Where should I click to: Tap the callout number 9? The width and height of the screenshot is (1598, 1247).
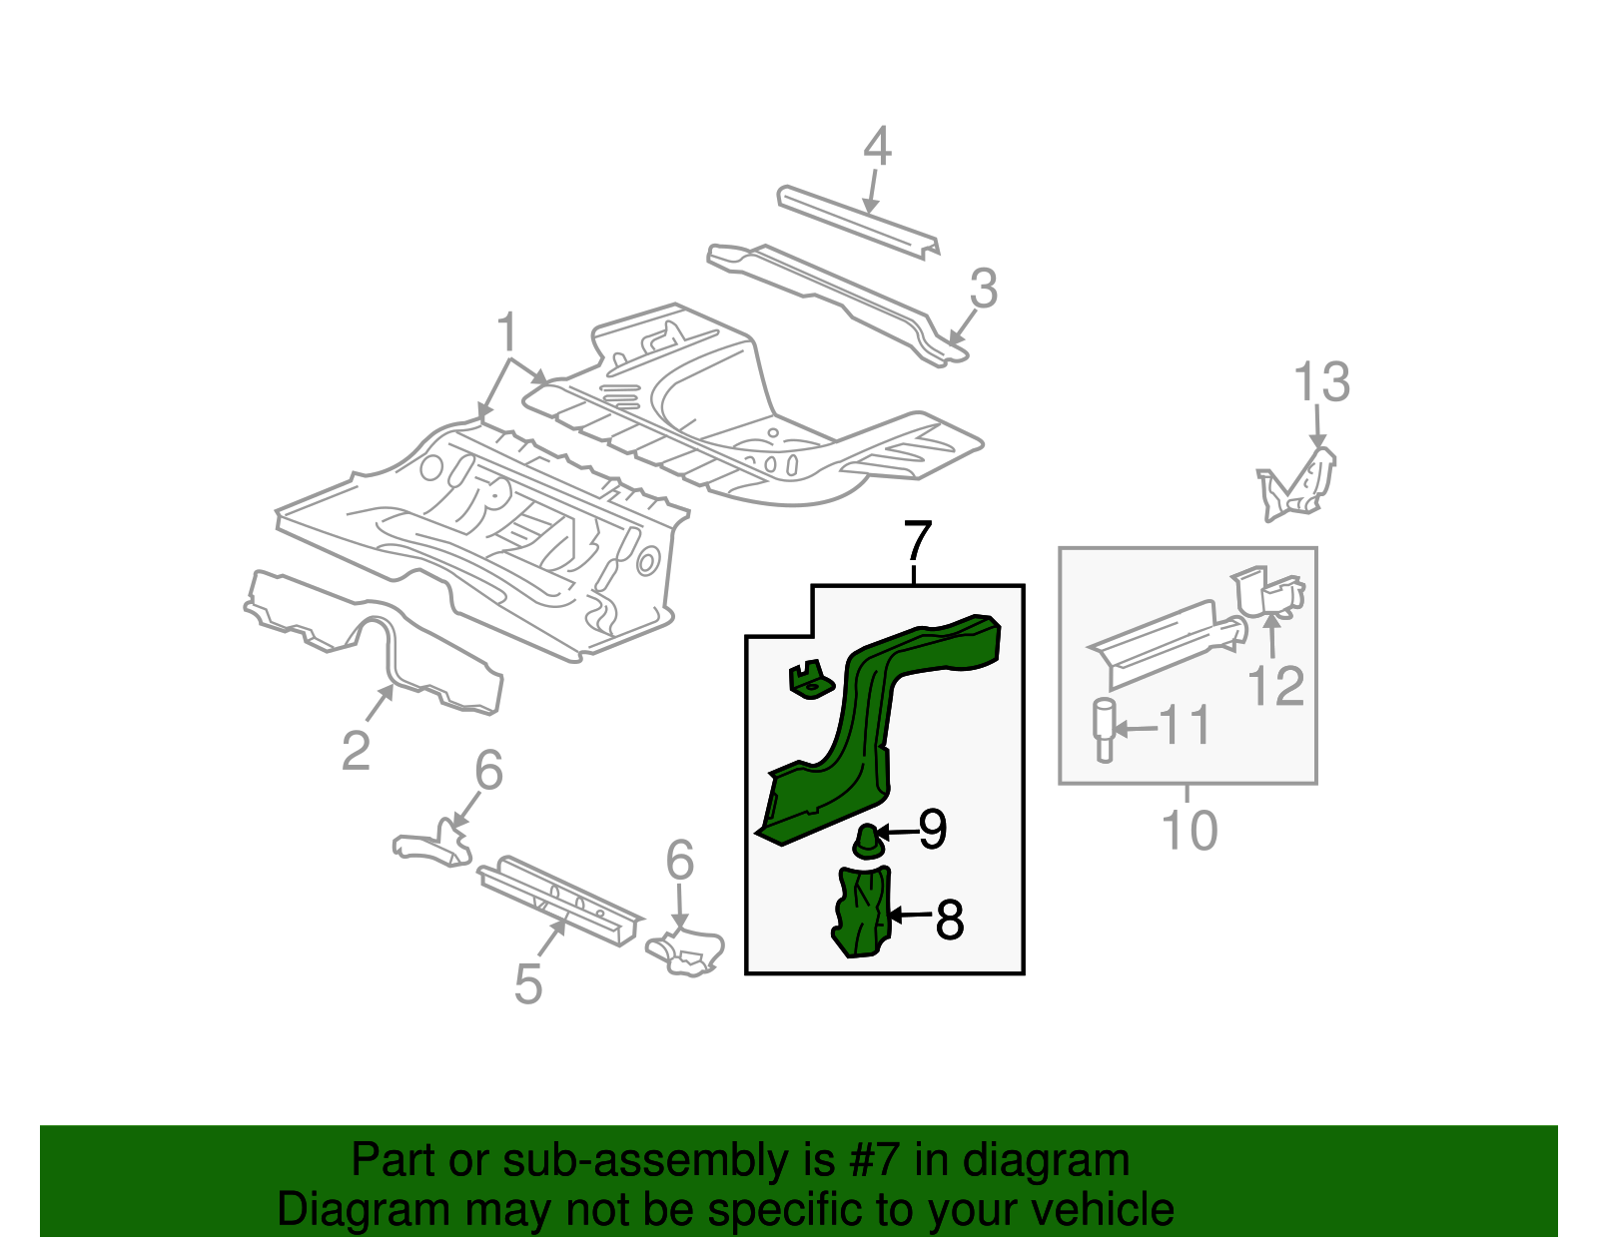(932, 829)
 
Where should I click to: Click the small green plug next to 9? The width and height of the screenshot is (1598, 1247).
(868, 841)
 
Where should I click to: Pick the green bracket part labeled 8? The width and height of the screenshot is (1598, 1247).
(862, 911)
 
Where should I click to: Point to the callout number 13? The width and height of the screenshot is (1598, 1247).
(1321, 382)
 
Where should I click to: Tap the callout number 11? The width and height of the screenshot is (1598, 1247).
(1185, 726)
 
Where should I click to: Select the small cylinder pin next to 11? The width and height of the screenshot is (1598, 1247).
(1105, 731)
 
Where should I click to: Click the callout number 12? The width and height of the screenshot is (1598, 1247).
(1275, 686)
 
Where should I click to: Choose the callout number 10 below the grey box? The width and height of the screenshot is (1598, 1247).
(1189, 830)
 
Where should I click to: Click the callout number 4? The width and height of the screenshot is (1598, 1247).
(876, 147)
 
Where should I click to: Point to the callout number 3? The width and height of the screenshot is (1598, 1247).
(983, 289)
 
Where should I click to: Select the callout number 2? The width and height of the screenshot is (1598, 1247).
(356, 750)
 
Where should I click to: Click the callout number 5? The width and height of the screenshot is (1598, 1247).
(527, 983)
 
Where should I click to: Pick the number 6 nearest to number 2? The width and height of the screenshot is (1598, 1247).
(488, 770)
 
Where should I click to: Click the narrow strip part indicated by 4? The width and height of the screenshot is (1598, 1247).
(857, 220)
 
